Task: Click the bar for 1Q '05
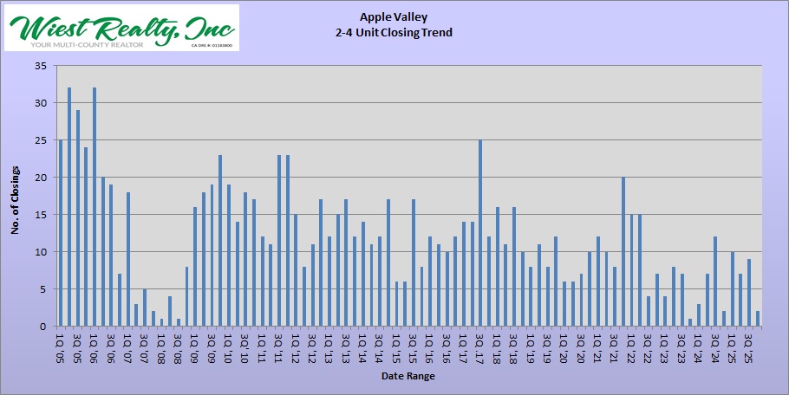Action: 61,233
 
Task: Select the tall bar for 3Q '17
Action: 480,233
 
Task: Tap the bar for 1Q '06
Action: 95,207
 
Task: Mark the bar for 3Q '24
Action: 715,282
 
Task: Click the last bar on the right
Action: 757,319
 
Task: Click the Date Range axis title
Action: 408,377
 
